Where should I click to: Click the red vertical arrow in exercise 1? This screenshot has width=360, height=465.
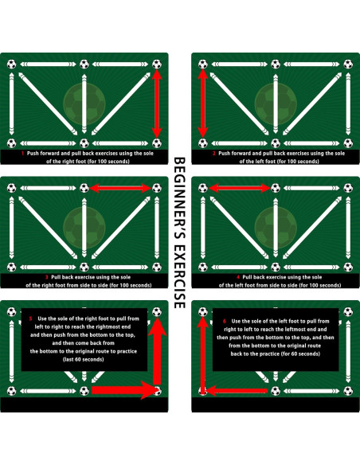coord(157,103)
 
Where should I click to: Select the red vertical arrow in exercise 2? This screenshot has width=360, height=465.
coord(202,103)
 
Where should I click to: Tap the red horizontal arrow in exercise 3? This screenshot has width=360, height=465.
coord(120,188)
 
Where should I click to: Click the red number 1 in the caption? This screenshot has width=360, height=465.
coord(23,153)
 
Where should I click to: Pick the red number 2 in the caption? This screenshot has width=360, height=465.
coord(213,153)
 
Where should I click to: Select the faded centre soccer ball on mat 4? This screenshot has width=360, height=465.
coord(275,224)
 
